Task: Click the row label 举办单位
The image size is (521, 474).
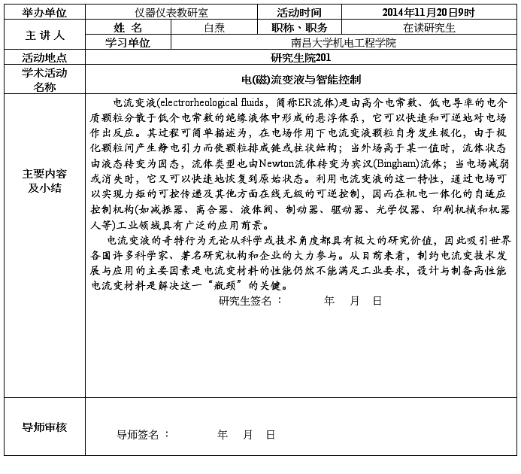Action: coord(44,12)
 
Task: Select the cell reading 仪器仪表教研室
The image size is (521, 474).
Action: coord(171,12)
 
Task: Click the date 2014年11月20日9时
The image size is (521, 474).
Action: coord(429,12)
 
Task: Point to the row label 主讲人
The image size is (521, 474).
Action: coord(44,35)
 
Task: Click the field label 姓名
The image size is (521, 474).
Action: coord(128,28)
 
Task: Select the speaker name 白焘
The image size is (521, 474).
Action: coord(214,28)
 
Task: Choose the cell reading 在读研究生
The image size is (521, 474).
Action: coord(429,28)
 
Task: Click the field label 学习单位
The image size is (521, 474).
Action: coord(128,43)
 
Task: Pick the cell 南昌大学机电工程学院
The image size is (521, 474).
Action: coord(343,43)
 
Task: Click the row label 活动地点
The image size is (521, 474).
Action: coord(44,57)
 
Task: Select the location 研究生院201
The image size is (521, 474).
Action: coord(301,57)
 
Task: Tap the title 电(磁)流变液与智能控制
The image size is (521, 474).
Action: coord(301,79)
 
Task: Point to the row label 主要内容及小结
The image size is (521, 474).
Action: coord(44,181)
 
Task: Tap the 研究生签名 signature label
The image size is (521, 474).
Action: coord(250,300)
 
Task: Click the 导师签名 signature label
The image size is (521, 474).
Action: coord(143,434)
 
